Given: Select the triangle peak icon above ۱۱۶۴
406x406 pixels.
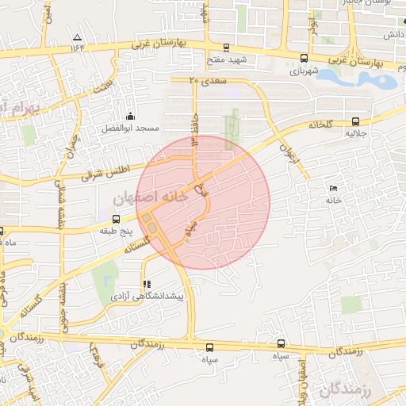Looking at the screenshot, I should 77,37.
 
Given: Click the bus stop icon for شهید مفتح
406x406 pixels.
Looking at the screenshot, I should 228,48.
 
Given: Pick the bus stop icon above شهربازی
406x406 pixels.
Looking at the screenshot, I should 304,57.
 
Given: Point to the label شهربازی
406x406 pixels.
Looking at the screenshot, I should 304,70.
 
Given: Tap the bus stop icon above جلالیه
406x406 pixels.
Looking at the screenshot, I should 354,121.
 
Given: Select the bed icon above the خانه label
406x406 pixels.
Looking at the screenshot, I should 332,188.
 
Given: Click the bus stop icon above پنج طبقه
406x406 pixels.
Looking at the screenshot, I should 117,218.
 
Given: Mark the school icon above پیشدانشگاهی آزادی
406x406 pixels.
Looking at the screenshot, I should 145,283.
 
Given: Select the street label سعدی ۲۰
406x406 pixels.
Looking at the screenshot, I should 209,80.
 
